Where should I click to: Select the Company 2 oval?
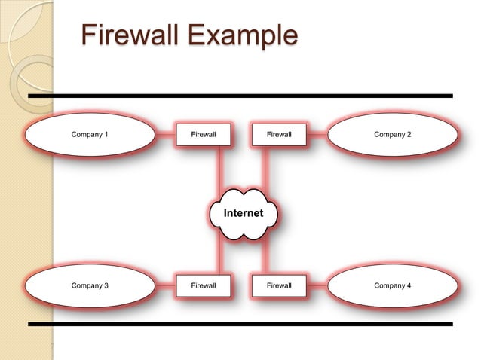pyautogui.click(x=392, y=135)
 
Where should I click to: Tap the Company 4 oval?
pyautogui.click(x=392, y=286)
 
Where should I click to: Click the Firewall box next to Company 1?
pyautogui.click(x=204, y=135)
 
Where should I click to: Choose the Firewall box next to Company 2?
pyautogui.click(x=279, y=135)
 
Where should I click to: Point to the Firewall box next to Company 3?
pyautogui.click(x=204, y=286)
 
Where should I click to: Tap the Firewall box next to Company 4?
pyautogui.click(x=279, y=286)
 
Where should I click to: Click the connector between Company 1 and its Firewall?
pyautogui.click(x=165, y=135)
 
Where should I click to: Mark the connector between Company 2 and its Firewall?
pyautogui.click(x=317, y=135)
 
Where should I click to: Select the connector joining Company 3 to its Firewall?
pyautogui.click(x=165, y=286)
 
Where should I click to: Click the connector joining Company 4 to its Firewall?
pyautogui.click(x=317, y=286)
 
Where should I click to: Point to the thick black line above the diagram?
pyautogui.click(x=240, y=96)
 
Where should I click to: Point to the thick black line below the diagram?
pyautogui.click(x=240, y=324)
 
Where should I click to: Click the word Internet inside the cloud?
pyautogui.click(x=243, y=213)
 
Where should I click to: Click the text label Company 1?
pyautogui.click(x=90, y=135)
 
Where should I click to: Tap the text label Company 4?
pyautogui.click(x=392, y=286)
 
